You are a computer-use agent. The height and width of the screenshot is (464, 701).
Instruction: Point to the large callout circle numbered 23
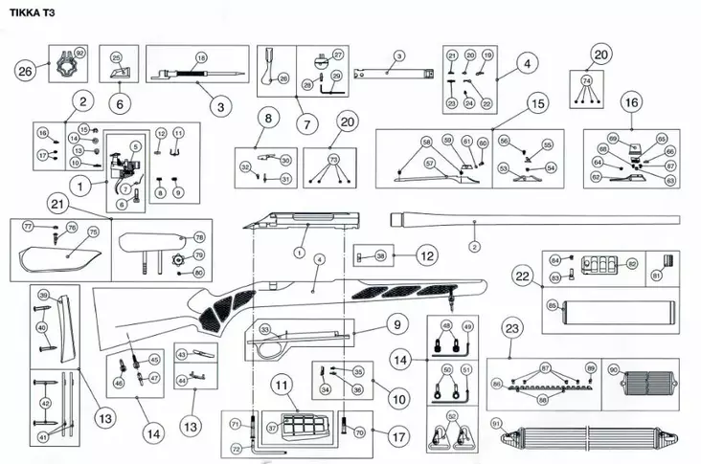tap(512, 328)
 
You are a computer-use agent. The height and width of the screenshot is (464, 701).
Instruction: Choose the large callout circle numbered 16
tap(631, 101)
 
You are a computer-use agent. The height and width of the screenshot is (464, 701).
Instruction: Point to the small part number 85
tap(552, 305)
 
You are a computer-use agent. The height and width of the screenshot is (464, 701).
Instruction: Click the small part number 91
tap(495, 422)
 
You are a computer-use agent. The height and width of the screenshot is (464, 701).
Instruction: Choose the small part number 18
tap(200, 58)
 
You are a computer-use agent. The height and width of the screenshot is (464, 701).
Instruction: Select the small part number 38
tap(380, 256)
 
